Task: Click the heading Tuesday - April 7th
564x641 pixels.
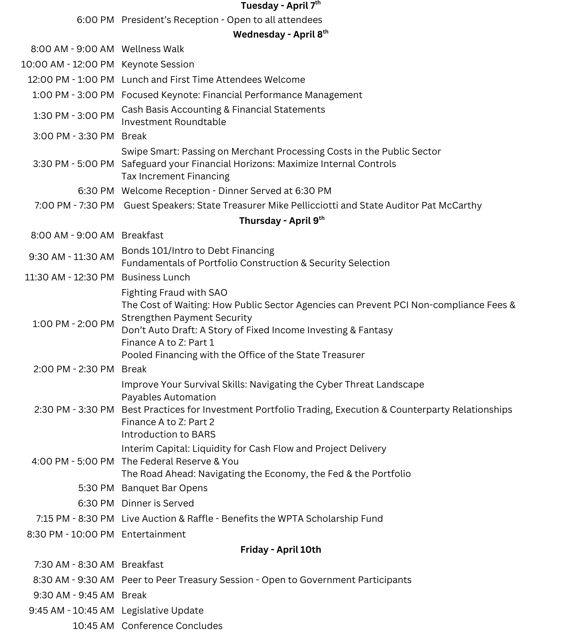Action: [x=280, y=6]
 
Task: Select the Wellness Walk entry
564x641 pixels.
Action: [x=153, y=49]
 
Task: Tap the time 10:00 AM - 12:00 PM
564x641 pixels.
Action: [x=68, y=64]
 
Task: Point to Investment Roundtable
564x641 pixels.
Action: [x=174, y=122]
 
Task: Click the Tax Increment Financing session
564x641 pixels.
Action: [x=175, y=176]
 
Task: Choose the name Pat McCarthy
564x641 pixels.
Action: [x=452, y=205]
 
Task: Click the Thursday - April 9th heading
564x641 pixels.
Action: [x=281, y=221]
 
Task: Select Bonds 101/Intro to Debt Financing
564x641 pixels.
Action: [x=197, y=250]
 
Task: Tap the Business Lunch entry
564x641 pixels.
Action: [x=156, y=277]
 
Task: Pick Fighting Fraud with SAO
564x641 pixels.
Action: [x=174, y=292]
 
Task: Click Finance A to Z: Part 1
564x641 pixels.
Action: [x=168, y=342]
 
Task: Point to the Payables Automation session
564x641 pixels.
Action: [x=168, y=397]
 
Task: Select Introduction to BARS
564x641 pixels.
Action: [x=168, y=434]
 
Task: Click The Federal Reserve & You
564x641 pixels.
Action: [x=180, y=461]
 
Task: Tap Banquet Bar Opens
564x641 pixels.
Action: [x=164, y=488]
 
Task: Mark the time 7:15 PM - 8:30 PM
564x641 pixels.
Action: [x=75, y=518]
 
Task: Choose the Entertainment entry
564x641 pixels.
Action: [x=153, y=534]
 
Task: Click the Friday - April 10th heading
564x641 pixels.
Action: [x=280, y=549]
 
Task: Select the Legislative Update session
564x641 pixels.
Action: [x=162, y=610]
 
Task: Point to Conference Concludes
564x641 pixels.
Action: [x=172, y=626]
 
